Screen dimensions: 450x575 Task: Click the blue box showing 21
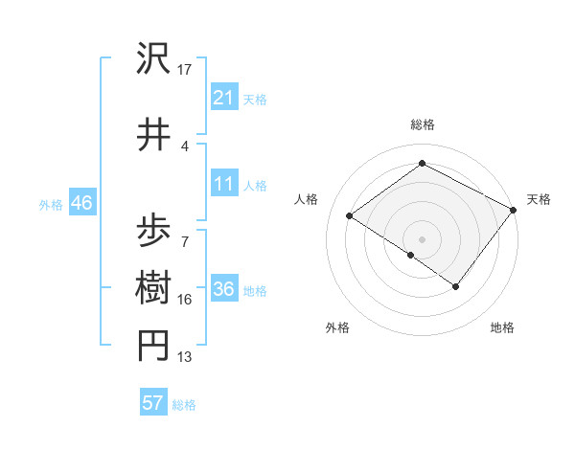click(x=224, y=98)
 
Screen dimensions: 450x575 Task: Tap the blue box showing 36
click(x=224, y=290)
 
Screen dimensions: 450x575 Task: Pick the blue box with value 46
click(x=81, y=203)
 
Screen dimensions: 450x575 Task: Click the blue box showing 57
click(x=153, y=403)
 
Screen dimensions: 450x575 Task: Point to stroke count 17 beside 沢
click(x=185, y=70)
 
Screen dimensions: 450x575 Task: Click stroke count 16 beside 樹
click(x=185, y=300)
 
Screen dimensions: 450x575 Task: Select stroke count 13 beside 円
click(x=185, y=357)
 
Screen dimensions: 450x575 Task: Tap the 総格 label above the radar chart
click(x=422, y=124)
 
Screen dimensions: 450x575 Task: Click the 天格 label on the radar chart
click(x=539, y=199)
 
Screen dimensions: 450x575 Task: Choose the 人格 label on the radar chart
click(x=306, y=199)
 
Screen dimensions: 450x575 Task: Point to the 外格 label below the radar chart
click(x=337, y=327)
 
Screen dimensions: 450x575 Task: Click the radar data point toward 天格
click(x=514, y=210)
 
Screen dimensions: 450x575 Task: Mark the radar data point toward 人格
click(x=350, y=215)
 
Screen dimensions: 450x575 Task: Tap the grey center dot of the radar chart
click(x=422, y=238)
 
